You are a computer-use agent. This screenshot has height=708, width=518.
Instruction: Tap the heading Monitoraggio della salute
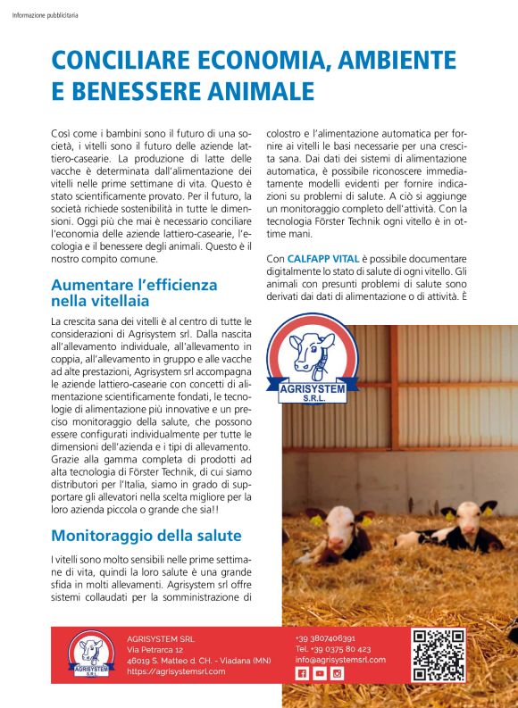click(x=146, y=536)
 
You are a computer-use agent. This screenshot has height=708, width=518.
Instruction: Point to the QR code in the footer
click(x=439, y=656)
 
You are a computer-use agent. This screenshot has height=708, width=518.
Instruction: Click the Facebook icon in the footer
click(x=302, y=674)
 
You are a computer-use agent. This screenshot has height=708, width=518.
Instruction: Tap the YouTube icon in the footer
click(x=320, y=674)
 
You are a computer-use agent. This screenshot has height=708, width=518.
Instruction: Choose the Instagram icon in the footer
click(x=338, y=674)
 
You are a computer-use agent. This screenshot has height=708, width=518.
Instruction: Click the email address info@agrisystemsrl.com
click(x=340, y=660)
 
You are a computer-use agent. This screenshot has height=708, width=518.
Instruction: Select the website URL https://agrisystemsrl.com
click(x=176, y=671)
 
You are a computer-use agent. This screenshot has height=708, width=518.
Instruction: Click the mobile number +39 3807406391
click(x=326, y=638)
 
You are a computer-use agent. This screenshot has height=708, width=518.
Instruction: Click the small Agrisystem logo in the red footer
click(x=87, y=655)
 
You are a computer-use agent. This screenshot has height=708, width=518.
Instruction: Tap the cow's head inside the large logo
click(x=314, y=348)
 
